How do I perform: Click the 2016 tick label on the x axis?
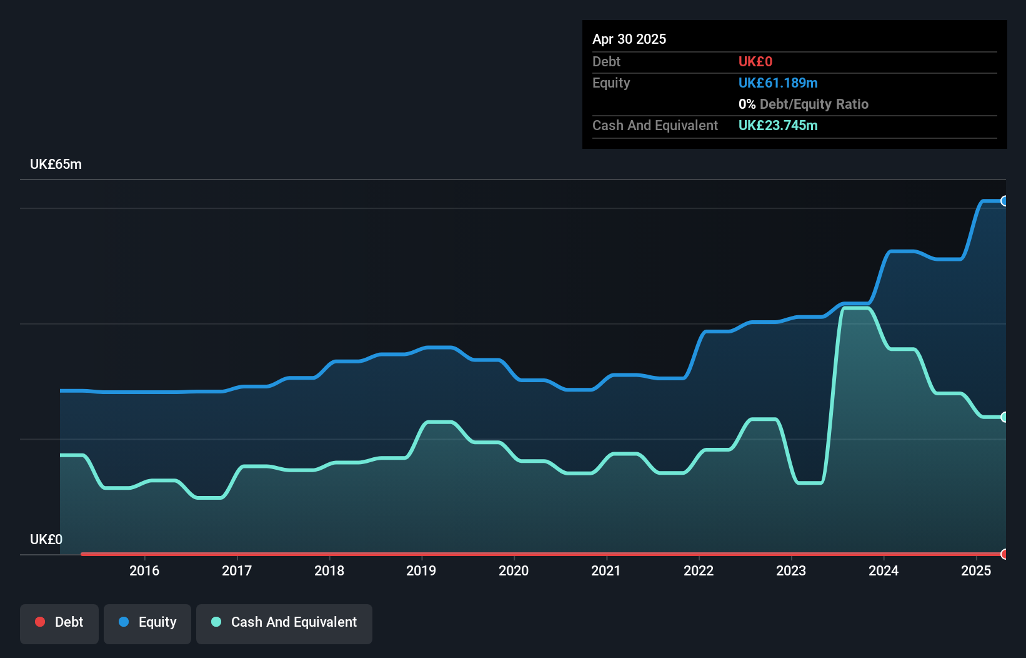(144, 570)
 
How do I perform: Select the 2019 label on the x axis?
(421, 570)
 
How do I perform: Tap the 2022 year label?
(699, 570)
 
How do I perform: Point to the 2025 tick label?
(976, 570)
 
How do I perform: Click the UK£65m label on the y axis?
(56, 164)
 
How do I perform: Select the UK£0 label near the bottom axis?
(46, 539)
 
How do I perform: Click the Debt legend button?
(59, 622)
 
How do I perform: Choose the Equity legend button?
(147, 622)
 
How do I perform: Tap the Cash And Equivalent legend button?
(284, 622)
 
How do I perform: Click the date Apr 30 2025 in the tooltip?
(629, 39)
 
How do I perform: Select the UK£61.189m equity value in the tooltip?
(778, 83)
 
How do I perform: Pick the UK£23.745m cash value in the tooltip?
(778, 126)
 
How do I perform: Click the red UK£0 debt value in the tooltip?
(755, 62)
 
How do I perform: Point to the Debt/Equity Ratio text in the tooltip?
(814, 104)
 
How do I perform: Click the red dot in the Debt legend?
(40, 622)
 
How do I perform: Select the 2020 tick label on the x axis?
(514, 570)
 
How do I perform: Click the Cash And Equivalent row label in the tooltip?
(655, 126)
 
